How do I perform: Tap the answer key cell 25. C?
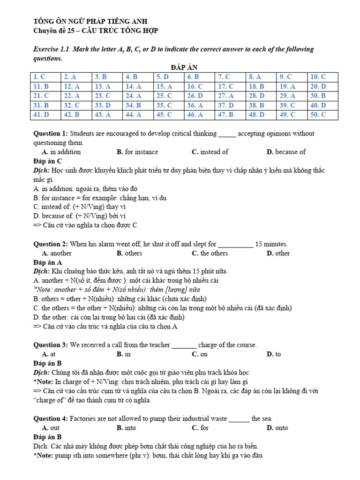pos(165,96)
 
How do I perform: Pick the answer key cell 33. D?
pos(103,105)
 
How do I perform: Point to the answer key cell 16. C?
pos(195,86)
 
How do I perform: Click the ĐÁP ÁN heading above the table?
pos(179,68)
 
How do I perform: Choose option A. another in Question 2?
pos(56,253)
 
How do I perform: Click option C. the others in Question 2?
pos(210,253)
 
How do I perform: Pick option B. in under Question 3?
pos(124,354)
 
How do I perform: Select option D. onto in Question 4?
pos(277,427)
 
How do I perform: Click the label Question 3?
pos(51,345)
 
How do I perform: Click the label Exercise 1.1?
pos(52,49)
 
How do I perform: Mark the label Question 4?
pos(51,419)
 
